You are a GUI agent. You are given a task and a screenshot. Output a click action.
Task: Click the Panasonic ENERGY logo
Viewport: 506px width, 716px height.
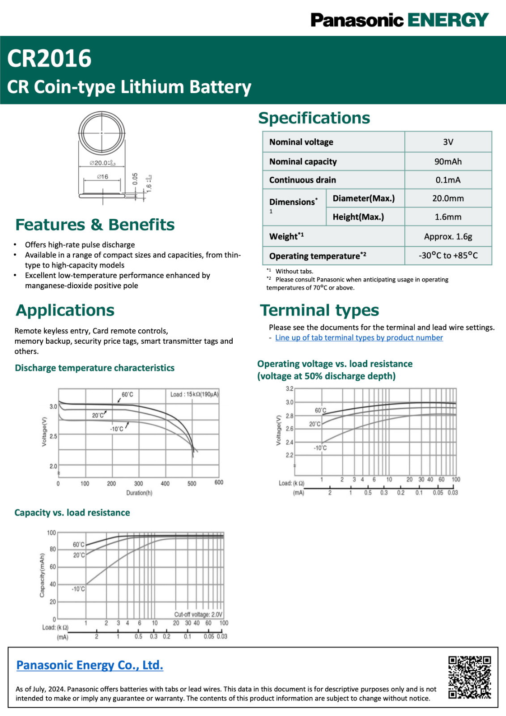coord(399,20)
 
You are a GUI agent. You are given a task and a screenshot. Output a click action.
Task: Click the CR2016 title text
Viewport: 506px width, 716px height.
coord(49,59)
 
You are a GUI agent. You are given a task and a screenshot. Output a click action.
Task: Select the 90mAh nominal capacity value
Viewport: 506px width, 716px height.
coord(448,162)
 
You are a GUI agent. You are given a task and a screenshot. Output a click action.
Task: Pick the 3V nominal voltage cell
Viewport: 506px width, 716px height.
coord(448,142)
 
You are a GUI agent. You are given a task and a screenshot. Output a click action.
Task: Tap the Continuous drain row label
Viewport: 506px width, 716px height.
coord(302,180)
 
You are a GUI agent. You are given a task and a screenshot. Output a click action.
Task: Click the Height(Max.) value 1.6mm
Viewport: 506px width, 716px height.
coord(448,217)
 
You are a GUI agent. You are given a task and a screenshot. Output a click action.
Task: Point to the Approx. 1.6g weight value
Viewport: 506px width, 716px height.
coord(448,236)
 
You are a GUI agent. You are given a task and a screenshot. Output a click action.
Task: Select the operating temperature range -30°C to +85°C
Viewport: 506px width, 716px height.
coord(448,256)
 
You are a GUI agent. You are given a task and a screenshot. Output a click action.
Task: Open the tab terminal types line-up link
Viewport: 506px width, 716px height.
coord(359,338)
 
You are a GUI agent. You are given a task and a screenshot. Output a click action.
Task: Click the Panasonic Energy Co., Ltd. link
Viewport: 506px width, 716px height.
coord(89,665)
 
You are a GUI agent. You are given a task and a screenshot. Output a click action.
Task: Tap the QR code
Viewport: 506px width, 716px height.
coord(469,677)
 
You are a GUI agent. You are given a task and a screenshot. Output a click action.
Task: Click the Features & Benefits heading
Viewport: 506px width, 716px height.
coord(95,225)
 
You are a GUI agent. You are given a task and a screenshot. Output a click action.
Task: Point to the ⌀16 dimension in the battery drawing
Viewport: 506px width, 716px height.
coord(102,177)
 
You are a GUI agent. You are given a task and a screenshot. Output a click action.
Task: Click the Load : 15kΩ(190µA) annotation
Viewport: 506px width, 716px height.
coord(194,394)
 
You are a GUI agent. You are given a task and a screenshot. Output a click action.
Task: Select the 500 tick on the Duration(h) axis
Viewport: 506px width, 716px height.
coord(192,483)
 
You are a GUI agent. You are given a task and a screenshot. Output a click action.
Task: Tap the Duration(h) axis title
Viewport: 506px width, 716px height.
coord(139,493)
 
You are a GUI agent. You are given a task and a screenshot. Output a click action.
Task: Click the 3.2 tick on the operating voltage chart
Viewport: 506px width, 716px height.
coord(289,389)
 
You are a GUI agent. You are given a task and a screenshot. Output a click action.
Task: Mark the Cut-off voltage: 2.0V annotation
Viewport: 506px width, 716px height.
coord(198,614)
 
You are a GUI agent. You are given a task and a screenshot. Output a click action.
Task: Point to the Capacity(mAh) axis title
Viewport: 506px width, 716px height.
coord(42,575)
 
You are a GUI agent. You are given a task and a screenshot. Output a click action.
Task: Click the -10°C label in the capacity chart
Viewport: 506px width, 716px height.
coord(78,589)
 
